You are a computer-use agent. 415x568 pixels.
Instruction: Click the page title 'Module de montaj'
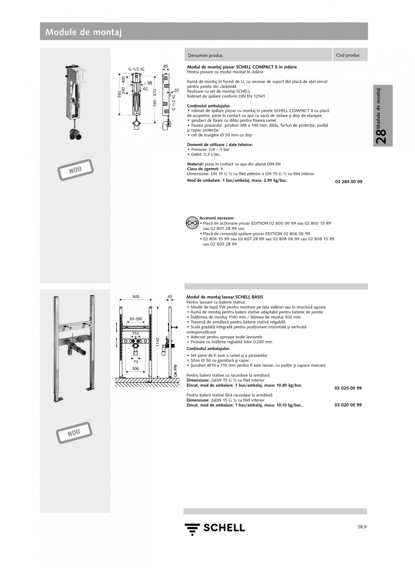83,32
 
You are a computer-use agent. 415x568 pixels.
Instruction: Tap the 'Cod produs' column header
348,55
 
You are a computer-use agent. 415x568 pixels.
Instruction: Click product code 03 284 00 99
349,182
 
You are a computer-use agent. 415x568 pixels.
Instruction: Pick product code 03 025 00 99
348,388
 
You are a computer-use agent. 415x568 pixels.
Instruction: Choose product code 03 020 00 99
348,405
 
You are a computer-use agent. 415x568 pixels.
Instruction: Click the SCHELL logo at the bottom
215,528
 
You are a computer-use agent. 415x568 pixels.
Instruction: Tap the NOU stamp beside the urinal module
76,170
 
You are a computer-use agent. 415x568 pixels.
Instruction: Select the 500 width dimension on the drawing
135,297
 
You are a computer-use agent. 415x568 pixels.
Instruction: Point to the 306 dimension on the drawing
135,368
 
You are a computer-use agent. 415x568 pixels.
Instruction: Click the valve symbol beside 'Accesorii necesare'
192,222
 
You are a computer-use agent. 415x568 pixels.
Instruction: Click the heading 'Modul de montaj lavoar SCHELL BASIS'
225,297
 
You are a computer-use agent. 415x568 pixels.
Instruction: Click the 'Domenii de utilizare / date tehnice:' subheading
220,144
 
